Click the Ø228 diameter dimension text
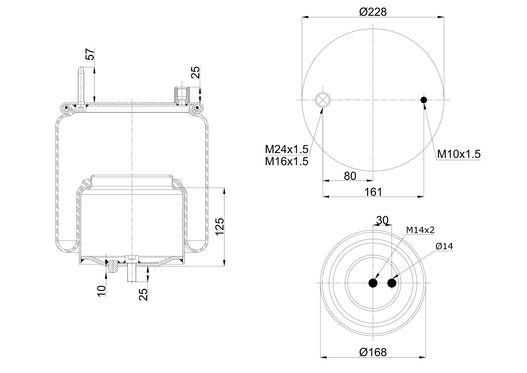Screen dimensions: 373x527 coord(372,12)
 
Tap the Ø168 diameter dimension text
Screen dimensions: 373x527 coord(372,352)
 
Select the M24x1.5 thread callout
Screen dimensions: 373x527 coord(286,150)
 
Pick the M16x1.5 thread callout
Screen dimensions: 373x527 coord(286,161)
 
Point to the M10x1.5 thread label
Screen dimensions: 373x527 coord(459,154)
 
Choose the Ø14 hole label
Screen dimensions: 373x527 coord(444,246)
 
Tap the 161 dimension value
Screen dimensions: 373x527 coord(373,192)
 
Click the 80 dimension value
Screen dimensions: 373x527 coord(350,176)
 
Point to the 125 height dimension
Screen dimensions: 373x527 coord(220,227)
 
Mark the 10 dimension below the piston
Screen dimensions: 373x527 coord(101,291)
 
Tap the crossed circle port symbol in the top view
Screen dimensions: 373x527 coord(322,100)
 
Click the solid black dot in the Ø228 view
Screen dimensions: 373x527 coord(424,100)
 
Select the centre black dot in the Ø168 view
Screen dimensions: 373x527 coord(373,283)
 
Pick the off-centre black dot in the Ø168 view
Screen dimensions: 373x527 coord(392,283)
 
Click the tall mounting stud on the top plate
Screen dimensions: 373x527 coord(81,85)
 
